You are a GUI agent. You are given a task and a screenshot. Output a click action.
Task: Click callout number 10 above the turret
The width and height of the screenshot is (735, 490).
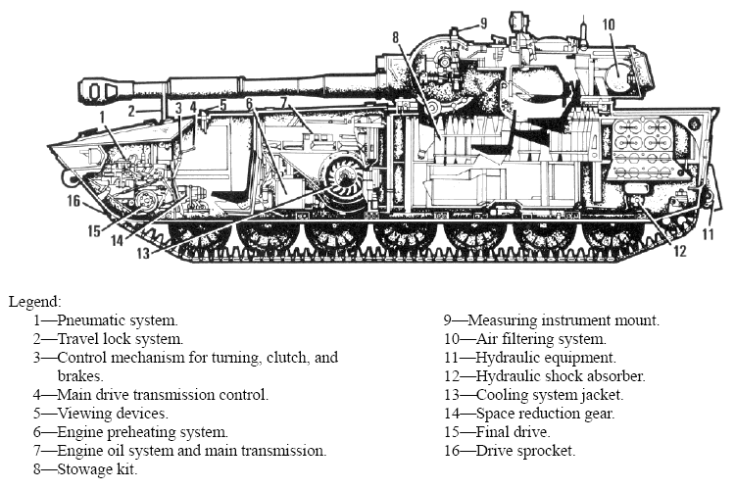[x=608, y=24]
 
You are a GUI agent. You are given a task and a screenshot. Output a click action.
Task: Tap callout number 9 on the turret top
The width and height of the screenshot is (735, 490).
[x=482, y=24]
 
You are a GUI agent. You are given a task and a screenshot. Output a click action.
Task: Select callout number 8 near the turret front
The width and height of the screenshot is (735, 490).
[x=396, y=38]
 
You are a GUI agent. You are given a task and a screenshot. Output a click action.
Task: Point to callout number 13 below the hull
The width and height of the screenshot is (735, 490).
[x=145, y=253]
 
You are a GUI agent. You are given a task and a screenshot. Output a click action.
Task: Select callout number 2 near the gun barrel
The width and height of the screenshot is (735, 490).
[x=129, y=112]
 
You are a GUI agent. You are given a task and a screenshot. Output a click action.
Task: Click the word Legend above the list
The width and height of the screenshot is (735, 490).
[x=34, y=301]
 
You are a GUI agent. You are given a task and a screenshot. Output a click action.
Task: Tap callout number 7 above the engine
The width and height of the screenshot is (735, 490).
[x=285, y=102]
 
